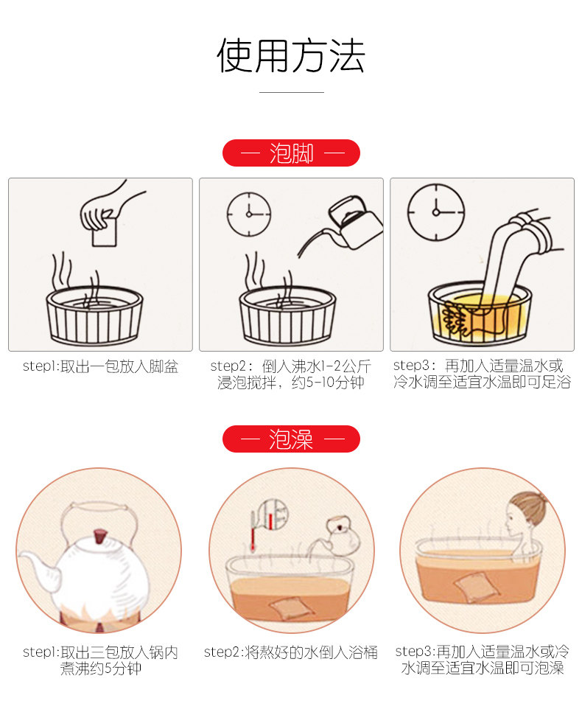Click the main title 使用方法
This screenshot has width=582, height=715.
click(x=291, y=55)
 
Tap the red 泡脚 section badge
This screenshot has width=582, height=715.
click(x=291, y=153)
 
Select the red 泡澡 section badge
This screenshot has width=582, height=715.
click(x=291, y=439)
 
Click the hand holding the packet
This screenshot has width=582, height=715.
click(x=109, y=207)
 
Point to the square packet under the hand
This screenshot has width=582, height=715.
click(x=105, y=232)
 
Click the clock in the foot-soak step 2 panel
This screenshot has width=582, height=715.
click(x=249, y=214)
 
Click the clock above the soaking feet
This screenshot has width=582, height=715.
click(x=436, y=212)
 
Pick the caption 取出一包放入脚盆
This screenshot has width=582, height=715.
click(x=119, y=366)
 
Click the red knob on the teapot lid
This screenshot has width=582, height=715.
click(x=99, y=536)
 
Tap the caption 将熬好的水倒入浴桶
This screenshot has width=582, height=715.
click(x=312, y=652)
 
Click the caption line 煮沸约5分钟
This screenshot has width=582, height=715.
click(x=101, y=669)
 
